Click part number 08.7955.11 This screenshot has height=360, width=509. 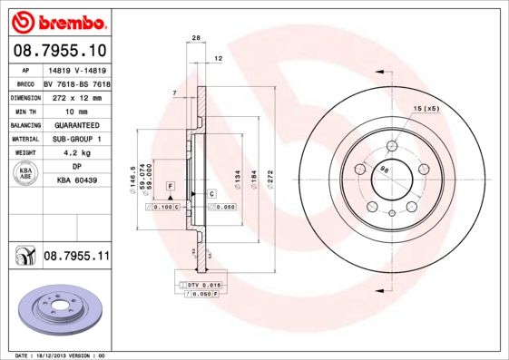[76, 258]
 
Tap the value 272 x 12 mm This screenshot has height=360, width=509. [76, 97]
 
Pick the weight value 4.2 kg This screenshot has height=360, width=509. [76, 153]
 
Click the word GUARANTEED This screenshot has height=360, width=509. [76, 125]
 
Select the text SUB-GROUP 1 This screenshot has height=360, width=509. [76, 139]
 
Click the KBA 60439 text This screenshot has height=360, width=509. [76, 181]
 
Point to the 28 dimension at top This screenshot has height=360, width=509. [195, 37]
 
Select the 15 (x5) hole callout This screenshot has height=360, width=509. [426, 109]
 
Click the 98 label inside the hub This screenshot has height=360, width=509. [384, 169]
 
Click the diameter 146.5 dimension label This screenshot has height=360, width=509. [133, 174]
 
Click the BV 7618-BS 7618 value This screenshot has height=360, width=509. [76, 83]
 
